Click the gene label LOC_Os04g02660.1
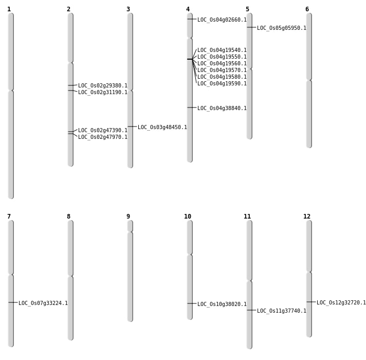pos(222,20)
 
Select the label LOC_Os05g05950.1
pos(282,28)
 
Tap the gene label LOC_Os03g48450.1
pos(162,127)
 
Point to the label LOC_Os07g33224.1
pos(43,303)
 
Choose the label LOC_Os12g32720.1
pos(341,302)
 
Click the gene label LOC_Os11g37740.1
pos(282,311)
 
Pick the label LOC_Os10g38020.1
pos(222,304)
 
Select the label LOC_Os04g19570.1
pos(222,70)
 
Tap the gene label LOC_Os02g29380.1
pos(103,86)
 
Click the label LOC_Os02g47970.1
pos(103,137)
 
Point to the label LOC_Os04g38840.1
pos(222,108)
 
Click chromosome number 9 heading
pos(128,217)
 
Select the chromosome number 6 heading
pos(307,9)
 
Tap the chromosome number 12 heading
pos(307,217)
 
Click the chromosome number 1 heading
pos(9,9)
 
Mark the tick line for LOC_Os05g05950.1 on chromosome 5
pos(251,27)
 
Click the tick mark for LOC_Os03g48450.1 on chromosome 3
pos(132,127)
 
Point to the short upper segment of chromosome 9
pos(130,226)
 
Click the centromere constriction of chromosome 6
pos(309,80)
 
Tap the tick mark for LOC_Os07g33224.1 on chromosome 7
pos(13,302)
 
